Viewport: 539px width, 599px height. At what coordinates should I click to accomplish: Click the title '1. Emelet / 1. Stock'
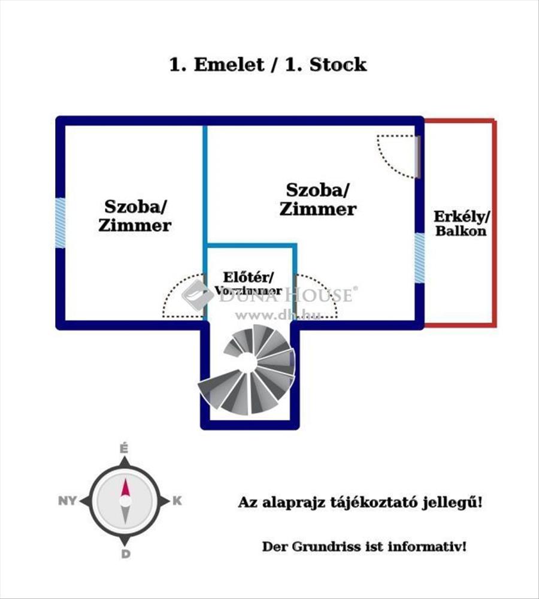point(268,65)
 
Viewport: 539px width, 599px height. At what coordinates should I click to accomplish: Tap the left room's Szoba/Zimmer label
point(138,216)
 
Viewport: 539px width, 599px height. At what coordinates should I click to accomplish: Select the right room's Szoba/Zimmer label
point(318,200)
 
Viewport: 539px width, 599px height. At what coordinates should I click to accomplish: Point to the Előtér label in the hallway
point(249,277)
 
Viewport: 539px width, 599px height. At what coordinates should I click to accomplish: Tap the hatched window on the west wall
point(60,223)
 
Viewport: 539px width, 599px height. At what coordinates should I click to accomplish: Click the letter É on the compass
point(125,449)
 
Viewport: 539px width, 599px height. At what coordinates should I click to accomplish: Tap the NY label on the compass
point(68,501)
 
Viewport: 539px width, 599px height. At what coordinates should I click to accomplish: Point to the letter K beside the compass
point(177,501)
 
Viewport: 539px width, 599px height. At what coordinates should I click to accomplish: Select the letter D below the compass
point(125,554)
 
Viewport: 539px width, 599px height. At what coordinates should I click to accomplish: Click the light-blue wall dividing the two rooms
point(204,186)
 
